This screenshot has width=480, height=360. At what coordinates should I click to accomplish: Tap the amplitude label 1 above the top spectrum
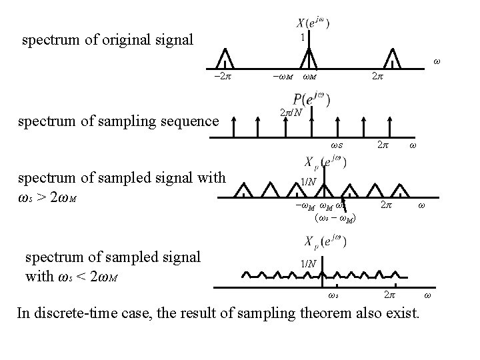[303, 38]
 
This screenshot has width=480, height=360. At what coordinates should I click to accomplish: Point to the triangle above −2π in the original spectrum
[225, 57]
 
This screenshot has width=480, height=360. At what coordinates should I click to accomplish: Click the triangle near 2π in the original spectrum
[394, 57]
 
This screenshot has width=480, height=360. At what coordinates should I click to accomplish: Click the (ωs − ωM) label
[333, 217]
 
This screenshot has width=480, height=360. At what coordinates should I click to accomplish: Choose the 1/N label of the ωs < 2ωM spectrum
[308, 263]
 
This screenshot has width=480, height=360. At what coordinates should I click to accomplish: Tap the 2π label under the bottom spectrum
[388, 295]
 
